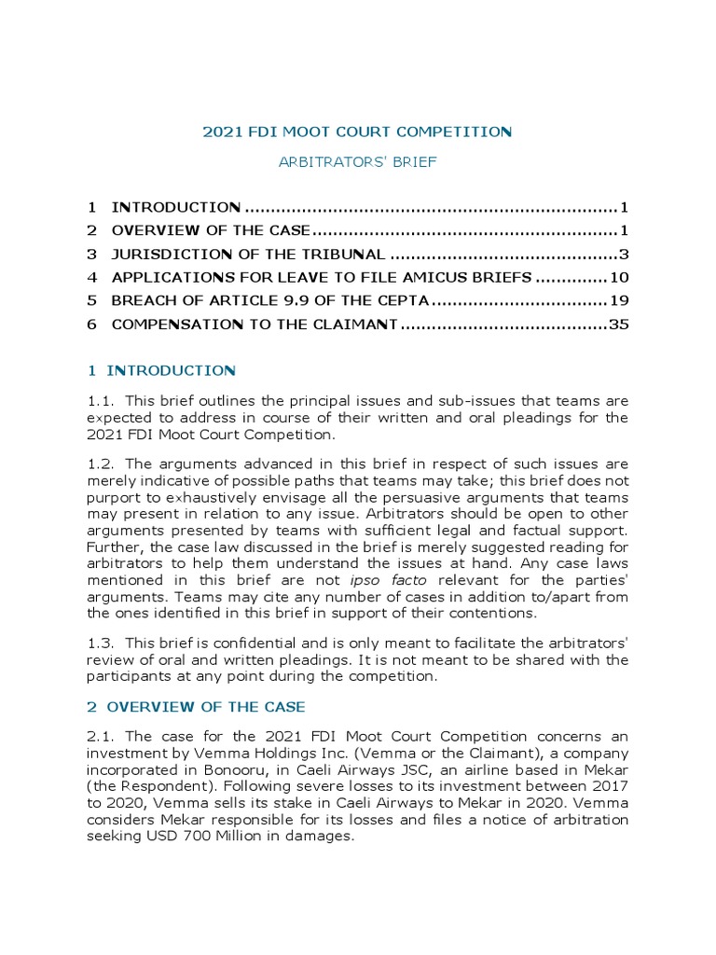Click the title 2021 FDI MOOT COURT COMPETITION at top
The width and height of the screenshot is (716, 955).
[358, 131]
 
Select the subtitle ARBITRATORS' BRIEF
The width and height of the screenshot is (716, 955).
[358, 161]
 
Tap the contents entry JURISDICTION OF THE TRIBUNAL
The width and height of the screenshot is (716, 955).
[248, 254]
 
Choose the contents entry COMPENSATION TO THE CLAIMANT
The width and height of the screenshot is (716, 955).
[255, 325]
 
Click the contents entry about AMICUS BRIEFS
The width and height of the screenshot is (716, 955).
[322, 277]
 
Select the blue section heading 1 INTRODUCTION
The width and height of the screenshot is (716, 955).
[162, 370]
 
